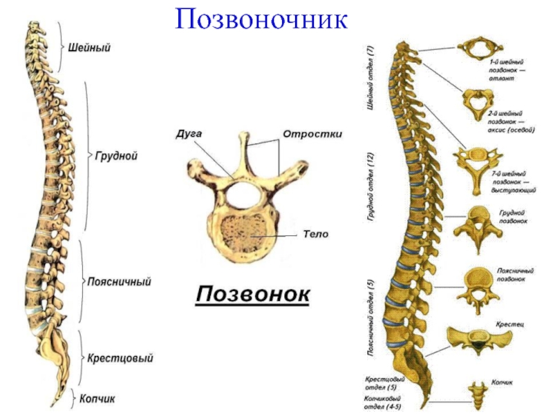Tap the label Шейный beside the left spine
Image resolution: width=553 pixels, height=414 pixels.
pos(90,48)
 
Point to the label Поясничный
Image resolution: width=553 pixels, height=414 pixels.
pos(119,282)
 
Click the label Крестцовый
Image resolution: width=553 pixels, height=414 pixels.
pos(120,359)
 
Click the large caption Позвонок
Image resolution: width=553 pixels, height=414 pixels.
pos(253,295)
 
